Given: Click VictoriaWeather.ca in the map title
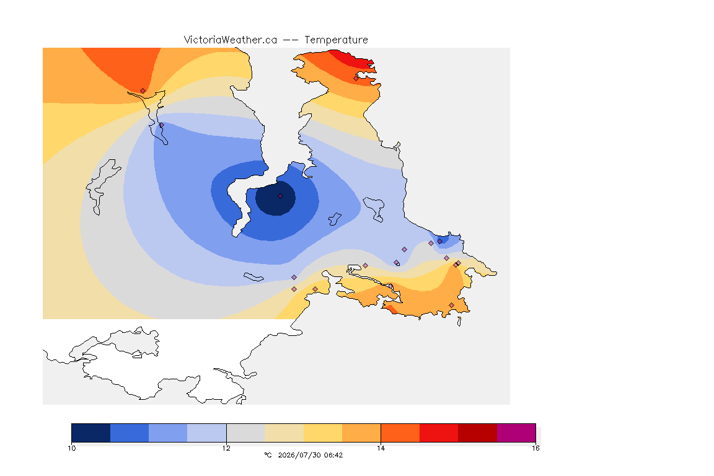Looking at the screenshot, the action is click(x=231, y=40).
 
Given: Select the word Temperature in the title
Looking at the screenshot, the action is click(x=336, y=40).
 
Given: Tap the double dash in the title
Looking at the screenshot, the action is click(x=291, y=40).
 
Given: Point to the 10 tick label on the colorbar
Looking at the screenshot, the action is click(x=71, y=448).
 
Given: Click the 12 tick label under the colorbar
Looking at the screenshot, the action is click(x=226, y=448).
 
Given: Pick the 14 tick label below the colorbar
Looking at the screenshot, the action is click(x=381, y=448).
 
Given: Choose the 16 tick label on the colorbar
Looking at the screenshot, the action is click(x=535, y=448).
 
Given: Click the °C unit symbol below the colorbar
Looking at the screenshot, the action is click(x=268, y=455).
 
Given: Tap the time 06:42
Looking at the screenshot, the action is click(x=333, y=455).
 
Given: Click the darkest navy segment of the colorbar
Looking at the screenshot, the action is click(x=91, y=433).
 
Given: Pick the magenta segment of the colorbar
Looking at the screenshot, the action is click(x=516, y=433).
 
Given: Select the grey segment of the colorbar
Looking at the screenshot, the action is click(x=245, y=433).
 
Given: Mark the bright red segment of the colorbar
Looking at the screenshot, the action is click(x=439, y=433).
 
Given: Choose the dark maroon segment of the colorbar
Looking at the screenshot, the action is click(x=477, y=433).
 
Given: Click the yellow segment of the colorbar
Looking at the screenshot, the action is click(x=323, y=433).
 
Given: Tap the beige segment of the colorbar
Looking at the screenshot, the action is click(x=284, y=433).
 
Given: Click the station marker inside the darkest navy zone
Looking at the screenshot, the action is click(x=280, y=196).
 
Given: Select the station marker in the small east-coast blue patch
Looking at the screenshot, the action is click(x=439, y=242).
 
